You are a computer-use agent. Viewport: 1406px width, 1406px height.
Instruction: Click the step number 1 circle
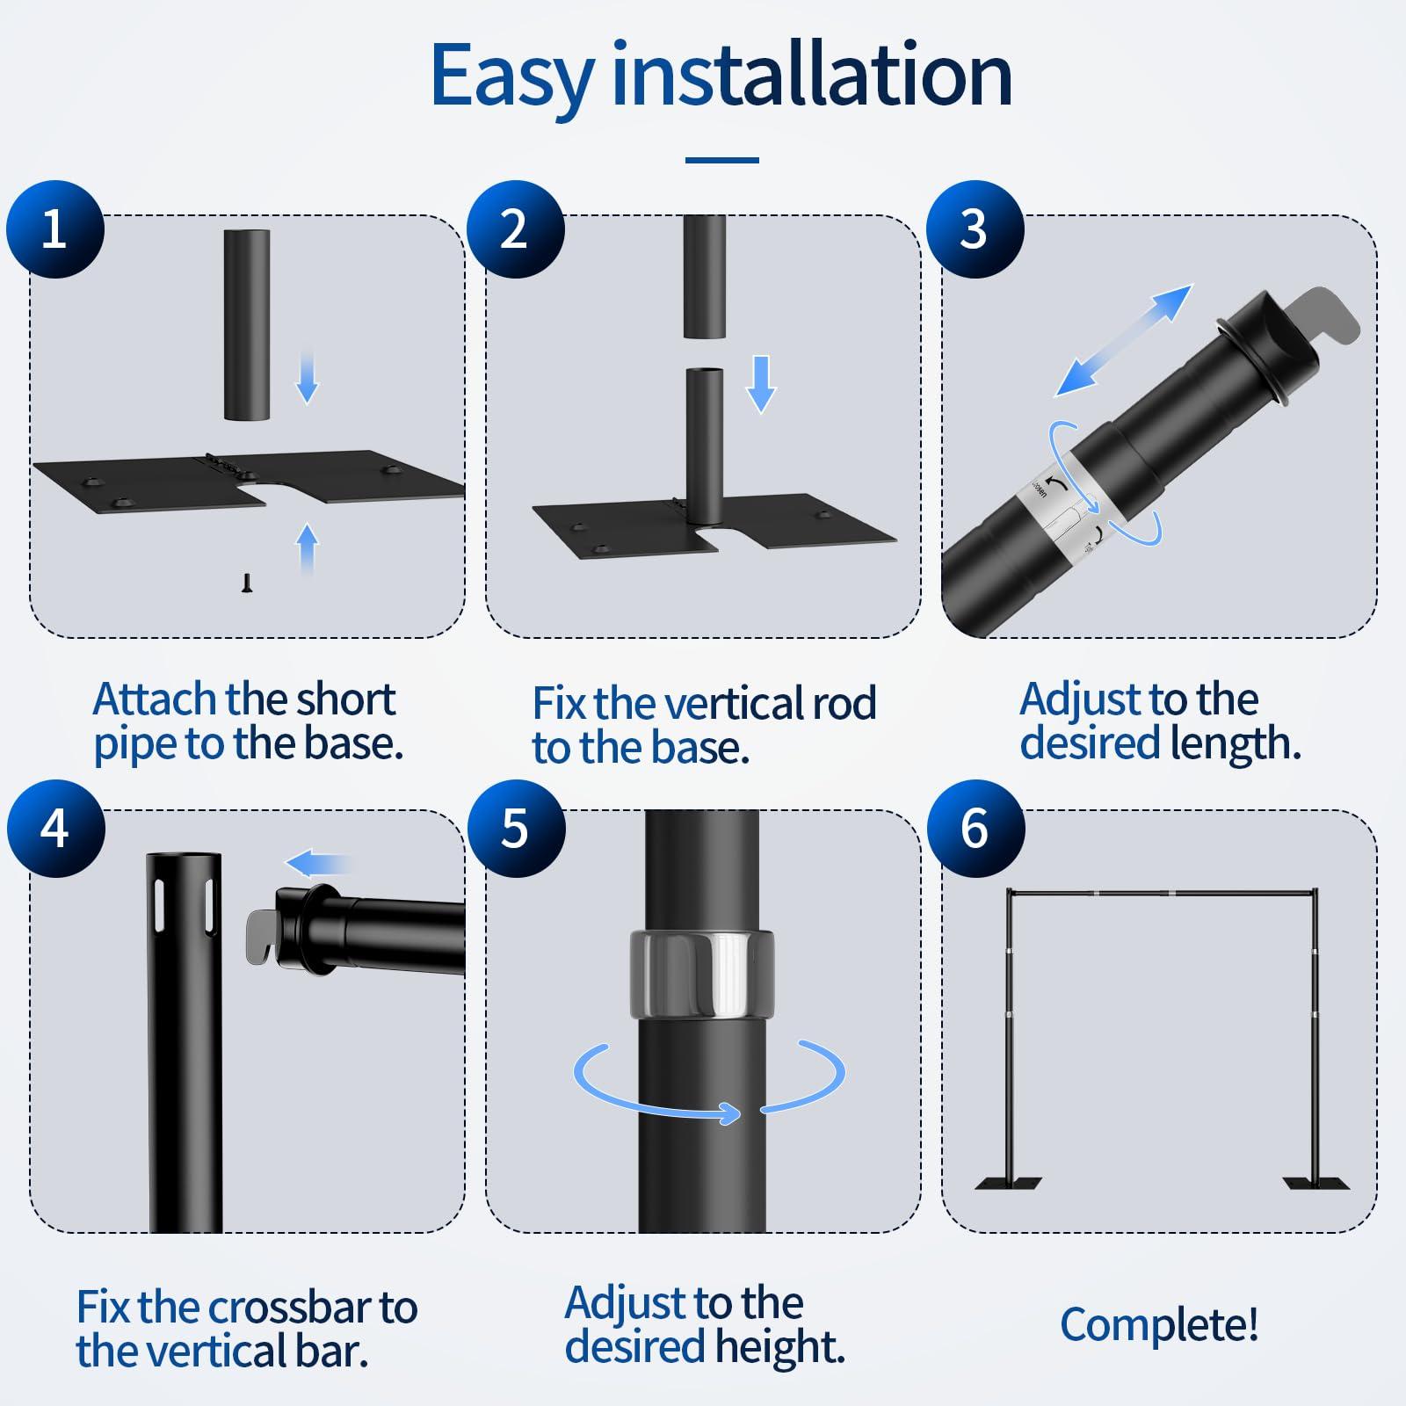[55, 229]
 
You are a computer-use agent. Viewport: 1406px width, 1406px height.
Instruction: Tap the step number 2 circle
[515, 229]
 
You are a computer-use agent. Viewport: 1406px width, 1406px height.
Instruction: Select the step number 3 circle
[975, 229]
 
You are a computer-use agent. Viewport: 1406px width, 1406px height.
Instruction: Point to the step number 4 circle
[55, 829]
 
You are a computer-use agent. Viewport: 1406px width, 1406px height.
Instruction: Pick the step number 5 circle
[515, 829]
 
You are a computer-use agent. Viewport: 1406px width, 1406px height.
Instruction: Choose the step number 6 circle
[975, 829]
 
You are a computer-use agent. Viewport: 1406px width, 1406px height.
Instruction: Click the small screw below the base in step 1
[248, 583]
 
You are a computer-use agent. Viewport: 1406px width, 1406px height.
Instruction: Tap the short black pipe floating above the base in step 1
[247, 325]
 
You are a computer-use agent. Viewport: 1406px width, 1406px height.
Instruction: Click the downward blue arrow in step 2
[761, 384]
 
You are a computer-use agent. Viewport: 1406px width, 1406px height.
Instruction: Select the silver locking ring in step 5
[701, 973]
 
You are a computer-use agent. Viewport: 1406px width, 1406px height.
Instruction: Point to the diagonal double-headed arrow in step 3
[1123, 340]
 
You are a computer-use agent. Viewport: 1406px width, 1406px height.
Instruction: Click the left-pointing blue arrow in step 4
[318, 865]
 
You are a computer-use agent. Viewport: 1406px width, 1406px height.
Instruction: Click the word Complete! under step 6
[1159, 1325]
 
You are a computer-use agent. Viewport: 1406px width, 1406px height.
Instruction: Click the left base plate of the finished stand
[1009, 1183]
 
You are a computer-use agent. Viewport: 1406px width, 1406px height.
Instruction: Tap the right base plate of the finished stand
[1316, 1183]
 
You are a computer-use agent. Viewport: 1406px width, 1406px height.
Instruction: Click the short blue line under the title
[721, 160]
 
